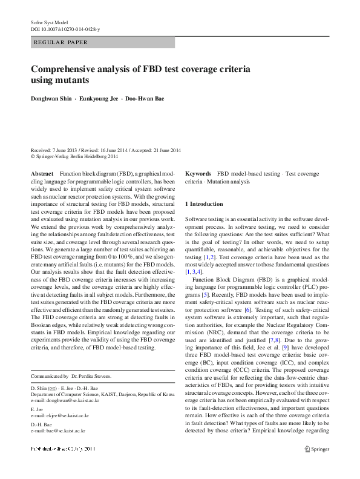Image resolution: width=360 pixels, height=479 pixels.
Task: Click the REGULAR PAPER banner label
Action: tap(62, 42)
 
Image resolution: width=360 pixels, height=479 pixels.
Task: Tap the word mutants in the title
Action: tap(73, 80)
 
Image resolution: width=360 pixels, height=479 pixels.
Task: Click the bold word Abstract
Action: tap(42, 174)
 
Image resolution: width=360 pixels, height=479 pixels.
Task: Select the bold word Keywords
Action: tap(198, 174)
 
